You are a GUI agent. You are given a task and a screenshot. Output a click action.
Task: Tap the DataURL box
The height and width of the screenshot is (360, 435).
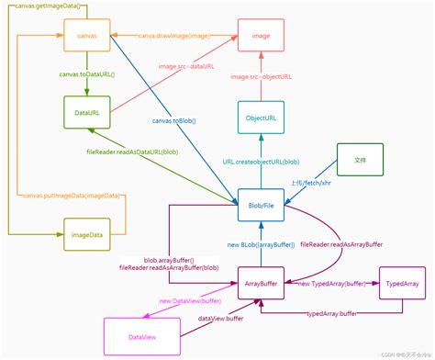86,114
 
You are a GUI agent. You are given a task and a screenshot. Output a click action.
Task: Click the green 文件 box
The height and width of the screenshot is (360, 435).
360,160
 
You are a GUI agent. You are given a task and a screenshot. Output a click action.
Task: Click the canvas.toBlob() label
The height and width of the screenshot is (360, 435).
174,120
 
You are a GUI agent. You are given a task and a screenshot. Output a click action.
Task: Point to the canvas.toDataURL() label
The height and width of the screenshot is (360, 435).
86,74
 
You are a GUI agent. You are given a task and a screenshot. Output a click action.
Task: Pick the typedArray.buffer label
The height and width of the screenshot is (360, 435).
331,314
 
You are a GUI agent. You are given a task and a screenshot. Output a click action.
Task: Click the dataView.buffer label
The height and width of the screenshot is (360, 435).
221,319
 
